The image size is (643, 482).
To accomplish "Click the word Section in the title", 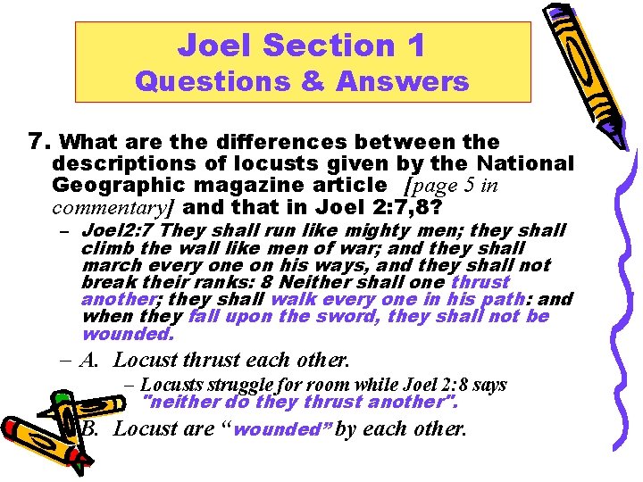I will (x=328, y=46).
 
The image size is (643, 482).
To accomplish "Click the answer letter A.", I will (x=88, y=361).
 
